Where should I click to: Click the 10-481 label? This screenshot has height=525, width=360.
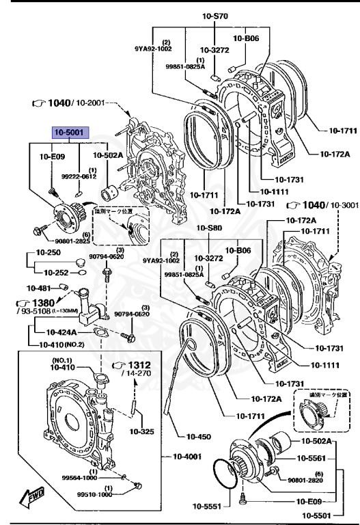tap(39, 288)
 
